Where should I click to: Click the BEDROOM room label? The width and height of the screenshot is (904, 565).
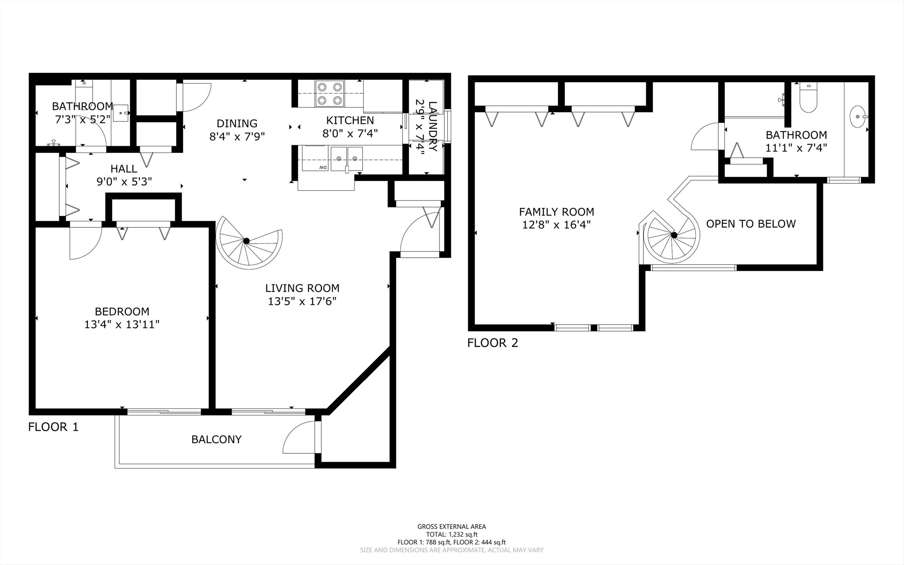[122, 311]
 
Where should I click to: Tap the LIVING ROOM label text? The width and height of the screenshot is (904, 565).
[302, 288]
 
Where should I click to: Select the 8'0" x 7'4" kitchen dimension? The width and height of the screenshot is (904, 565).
[350, 133]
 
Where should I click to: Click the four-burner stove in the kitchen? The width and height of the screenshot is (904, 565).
[330, 93]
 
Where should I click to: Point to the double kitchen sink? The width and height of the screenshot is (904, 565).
[346, 158]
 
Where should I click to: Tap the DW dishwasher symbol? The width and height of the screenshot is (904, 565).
[323, 167]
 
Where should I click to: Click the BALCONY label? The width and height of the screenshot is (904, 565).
[216, 439]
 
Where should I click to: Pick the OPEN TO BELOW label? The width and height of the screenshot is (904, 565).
[751, 224]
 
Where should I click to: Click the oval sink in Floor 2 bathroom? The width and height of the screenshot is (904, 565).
[858, 117]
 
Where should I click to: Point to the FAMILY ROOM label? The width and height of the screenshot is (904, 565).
[556, 212]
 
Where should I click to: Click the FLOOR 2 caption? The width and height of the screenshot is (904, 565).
[493, 343]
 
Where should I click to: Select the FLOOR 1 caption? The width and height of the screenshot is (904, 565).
[53, 427]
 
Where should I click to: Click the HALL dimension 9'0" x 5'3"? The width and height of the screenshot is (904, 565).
[124, 182]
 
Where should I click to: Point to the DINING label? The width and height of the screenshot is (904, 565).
[237, 123]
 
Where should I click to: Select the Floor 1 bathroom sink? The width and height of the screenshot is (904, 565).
[120, 113]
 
